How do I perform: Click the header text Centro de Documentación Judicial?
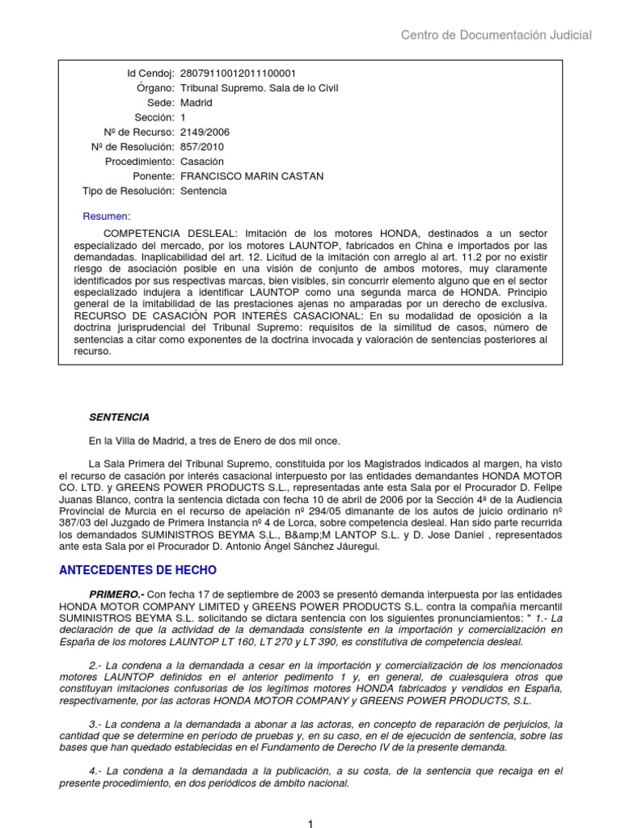coord(496,35)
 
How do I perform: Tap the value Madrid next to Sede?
coord(196,103)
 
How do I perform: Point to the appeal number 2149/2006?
coord(202,133)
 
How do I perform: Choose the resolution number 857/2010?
coord(202,147)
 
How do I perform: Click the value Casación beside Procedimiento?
coord(201,162)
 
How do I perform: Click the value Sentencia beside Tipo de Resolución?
coord(204,191)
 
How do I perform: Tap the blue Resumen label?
coord(107,217)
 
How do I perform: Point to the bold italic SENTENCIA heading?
coord(119,417)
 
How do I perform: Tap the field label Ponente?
coord(154,176)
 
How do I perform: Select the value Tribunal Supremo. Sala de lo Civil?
coord(259,88)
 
